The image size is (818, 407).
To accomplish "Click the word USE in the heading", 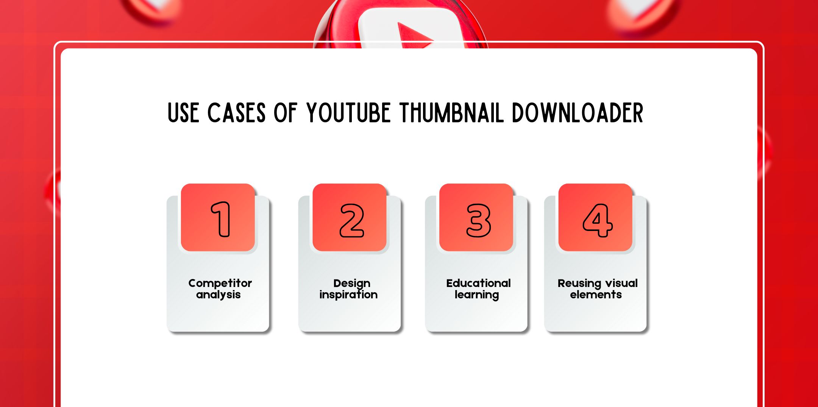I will (183, 113).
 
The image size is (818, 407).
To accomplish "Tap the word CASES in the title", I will (236, 113).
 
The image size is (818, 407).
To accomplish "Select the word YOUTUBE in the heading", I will (348, 113).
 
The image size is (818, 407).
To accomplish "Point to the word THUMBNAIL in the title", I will (452, 113).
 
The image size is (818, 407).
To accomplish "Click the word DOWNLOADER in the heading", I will (577, 113).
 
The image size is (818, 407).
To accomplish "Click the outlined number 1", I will (221, 219).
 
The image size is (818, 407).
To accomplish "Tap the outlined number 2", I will (352, 220).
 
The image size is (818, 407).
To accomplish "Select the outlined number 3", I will (478, 220).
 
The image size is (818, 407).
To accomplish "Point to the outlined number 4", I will (597, 220).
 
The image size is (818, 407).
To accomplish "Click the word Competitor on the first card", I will (220, 283).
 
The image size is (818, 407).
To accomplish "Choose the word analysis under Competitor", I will (218, 295).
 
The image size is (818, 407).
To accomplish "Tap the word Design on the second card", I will (352, 284).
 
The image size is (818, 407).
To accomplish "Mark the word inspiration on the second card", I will (348, 295).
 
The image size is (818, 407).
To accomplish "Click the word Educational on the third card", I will (478, 283).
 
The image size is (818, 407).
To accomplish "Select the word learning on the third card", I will (477, 295).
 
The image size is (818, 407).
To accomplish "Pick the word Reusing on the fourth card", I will (579, 284).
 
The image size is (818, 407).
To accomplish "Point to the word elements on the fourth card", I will (596, 295).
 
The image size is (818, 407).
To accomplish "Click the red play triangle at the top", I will (414, 36).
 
